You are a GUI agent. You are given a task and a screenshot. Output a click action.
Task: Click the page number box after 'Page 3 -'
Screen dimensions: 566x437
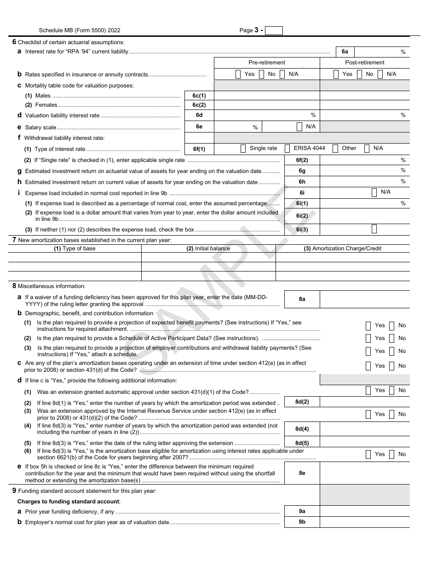tap(274, 31)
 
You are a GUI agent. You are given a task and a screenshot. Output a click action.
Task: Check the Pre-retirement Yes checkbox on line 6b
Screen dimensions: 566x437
tap(238, 74)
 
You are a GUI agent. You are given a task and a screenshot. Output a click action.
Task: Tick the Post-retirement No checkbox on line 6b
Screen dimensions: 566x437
tap(359, 74)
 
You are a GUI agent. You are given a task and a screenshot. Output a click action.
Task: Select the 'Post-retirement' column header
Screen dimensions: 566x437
tap(364, 63)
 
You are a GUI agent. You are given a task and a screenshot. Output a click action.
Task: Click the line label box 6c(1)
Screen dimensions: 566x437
tap(199, 96)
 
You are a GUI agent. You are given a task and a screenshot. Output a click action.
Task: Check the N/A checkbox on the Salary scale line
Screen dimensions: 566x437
tap(299, 127)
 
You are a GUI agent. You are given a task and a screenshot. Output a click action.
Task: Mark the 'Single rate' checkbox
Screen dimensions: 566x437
tap(243, 149)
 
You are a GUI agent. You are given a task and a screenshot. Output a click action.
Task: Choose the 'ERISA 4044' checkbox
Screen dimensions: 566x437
tap(287, 149)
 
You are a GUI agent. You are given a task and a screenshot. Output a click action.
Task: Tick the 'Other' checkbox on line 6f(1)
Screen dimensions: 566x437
tap(335, 149)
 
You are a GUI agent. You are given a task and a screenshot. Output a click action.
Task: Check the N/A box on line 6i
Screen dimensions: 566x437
tap(374, 192)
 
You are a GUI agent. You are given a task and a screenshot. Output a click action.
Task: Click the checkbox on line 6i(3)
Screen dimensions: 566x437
tap(374, 229)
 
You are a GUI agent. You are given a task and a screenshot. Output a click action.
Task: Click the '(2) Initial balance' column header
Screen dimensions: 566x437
tap(208, 248)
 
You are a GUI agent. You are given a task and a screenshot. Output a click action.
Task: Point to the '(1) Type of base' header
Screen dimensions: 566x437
tap(75, 248)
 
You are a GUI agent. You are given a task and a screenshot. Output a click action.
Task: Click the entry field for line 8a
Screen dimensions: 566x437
tap(364, 299)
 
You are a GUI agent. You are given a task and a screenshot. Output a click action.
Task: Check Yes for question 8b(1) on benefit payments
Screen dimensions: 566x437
tap(368, 326)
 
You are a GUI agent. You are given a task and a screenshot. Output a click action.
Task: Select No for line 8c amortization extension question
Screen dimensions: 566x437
tap(391, 366)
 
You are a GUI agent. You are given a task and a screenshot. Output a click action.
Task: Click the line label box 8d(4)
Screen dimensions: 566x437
tap(302, 429)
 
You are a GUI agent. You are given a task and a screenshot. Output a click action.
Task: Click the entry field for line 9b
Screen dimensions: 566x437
tap(364, 522)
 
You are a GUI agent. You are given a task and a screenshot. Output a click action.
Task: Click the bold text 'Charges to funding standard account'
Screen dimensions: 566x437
tap(69, 502)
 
